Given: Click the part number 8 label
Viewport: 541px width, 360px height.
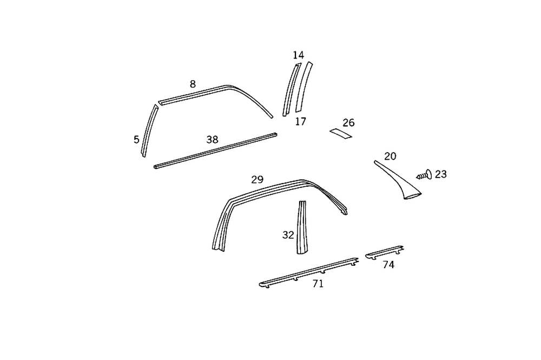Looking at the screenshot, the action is coord(193,84).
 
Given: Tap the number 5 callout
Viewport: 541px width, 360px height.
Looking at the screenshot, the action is coord(136,140).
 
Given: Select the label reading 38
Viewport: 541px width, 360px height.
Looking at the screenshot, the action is coord(212,140).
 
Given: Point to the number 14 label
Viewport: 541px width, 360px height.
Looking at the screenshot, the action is coord(298,55).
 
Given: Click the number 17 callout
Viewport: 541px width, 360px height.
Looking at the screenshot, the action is coord(301,122).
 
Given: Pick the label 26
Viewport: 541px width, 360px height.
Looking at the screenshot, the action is coord(348,123).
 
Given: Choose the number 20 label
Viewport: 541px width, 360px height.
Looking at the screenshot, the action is coord(390,156).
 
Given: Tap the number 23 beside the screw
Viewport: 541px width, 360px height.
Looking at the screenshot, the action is coord(441,174).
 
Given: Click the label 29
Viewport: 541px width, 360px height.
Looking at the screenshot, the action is coord(257,180).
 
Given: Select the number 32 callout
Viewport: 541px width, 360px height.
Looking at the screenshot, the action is coord(288,235).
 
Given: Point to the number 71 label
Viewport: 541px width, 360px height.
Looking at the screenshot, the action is coord(318,283).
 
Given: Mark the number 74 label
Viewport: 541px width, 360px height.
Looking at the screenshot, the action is coord(388,265).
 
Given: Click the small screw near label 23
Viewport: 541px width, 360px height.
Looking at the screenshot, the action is coord(423,175).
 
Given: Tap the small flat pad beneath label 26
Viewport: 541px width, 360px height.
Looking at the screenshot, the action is coord(341,133).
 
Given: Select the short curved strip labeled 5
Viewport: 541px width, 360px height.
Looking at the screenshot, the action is coord(149,130).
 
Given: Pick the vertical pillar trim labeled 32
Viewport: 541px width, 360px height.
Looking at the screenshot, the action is coord(301,227).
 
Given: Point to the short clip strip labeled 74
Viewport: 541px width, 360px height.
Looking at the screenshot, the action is coord(385,252).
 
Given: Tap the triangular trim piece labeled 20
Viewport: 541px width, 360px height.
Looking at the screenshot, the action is coord(400,181).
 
